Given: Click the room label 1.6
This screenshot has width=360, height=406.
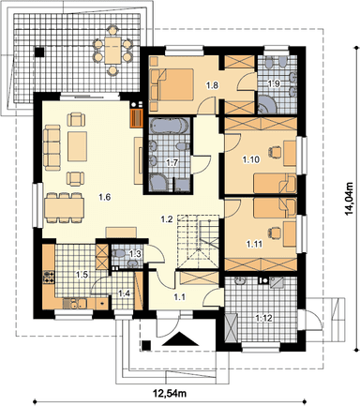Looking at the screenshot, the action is tap(105, 197).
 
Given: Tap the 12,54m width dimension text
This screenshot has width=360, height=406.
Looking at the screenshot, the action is tap(169, 393).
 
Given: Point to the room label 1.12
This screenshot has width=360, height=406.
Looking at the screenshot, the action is tap(264, 319).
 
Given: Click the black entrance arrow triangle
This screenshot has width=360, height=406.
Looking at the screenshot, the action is tap(180, 339).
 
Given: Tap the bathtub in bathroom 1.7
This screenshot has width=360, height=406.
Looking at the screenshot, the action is tap(169, 127).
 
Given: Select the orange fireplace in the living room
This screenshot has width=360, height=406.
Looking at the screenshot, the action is tap(136, 117).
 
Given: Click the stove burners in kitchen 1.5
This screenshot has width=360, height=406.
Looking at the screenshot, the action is tap(49, 277).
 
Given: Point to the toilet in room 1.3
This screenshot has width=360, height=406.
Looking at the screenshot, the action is tap(118, 254).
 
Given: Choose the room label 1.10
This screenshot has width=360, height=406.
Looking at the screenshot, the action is tap(251, 159).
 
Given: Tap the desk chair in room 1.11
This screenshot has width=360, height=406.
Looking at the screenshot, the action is tap(274, 233).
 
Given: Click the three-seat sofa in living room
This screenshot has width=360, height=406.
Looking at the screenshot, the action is tap(52, 147).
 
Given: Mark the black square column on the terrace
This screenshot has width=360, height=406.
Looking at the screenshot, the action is tap(39, 52).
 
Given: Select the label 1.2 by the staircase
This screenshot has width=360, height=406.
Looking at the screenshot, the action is tap(167, 219).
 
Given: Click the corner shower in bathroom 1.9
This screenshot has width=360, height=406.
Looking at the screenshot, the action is tap(266, 105).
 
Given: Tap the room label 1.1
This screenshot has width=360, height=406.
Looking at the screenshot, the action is tap(180, 297).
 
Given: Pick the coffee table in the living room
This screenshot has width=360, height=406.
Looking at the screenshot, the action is tap(77, 146).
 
